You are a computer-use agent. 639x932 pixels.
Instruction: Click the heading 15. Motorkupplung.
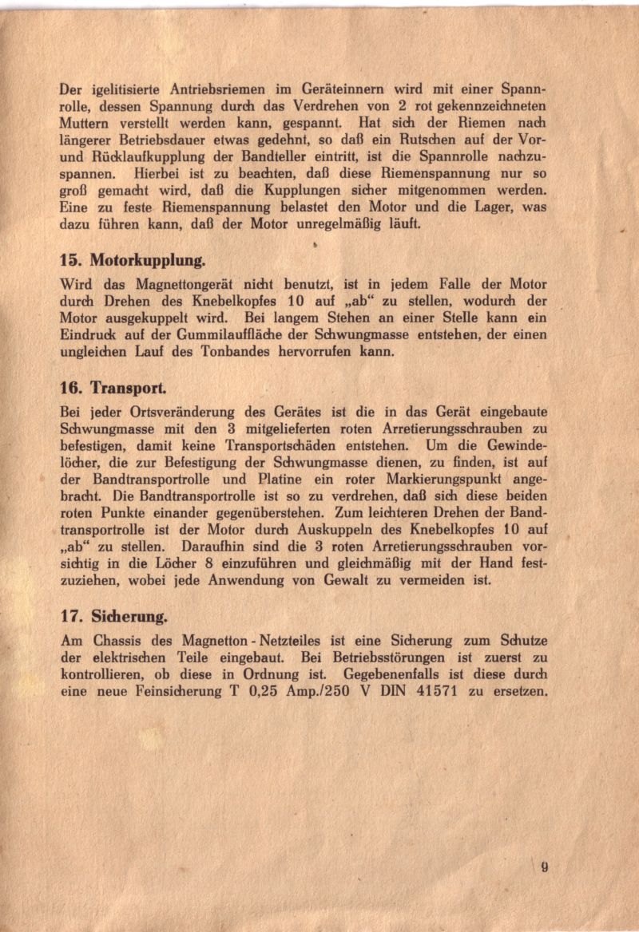point(133,260)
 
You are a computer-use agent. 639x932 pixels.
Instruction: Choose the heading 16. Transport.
point(114,389)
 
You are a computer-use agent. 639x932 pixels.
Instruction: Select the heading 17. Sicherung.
point(114,617)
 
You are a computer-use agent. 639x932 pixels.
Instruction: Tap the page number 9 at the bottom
point(543,868)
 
